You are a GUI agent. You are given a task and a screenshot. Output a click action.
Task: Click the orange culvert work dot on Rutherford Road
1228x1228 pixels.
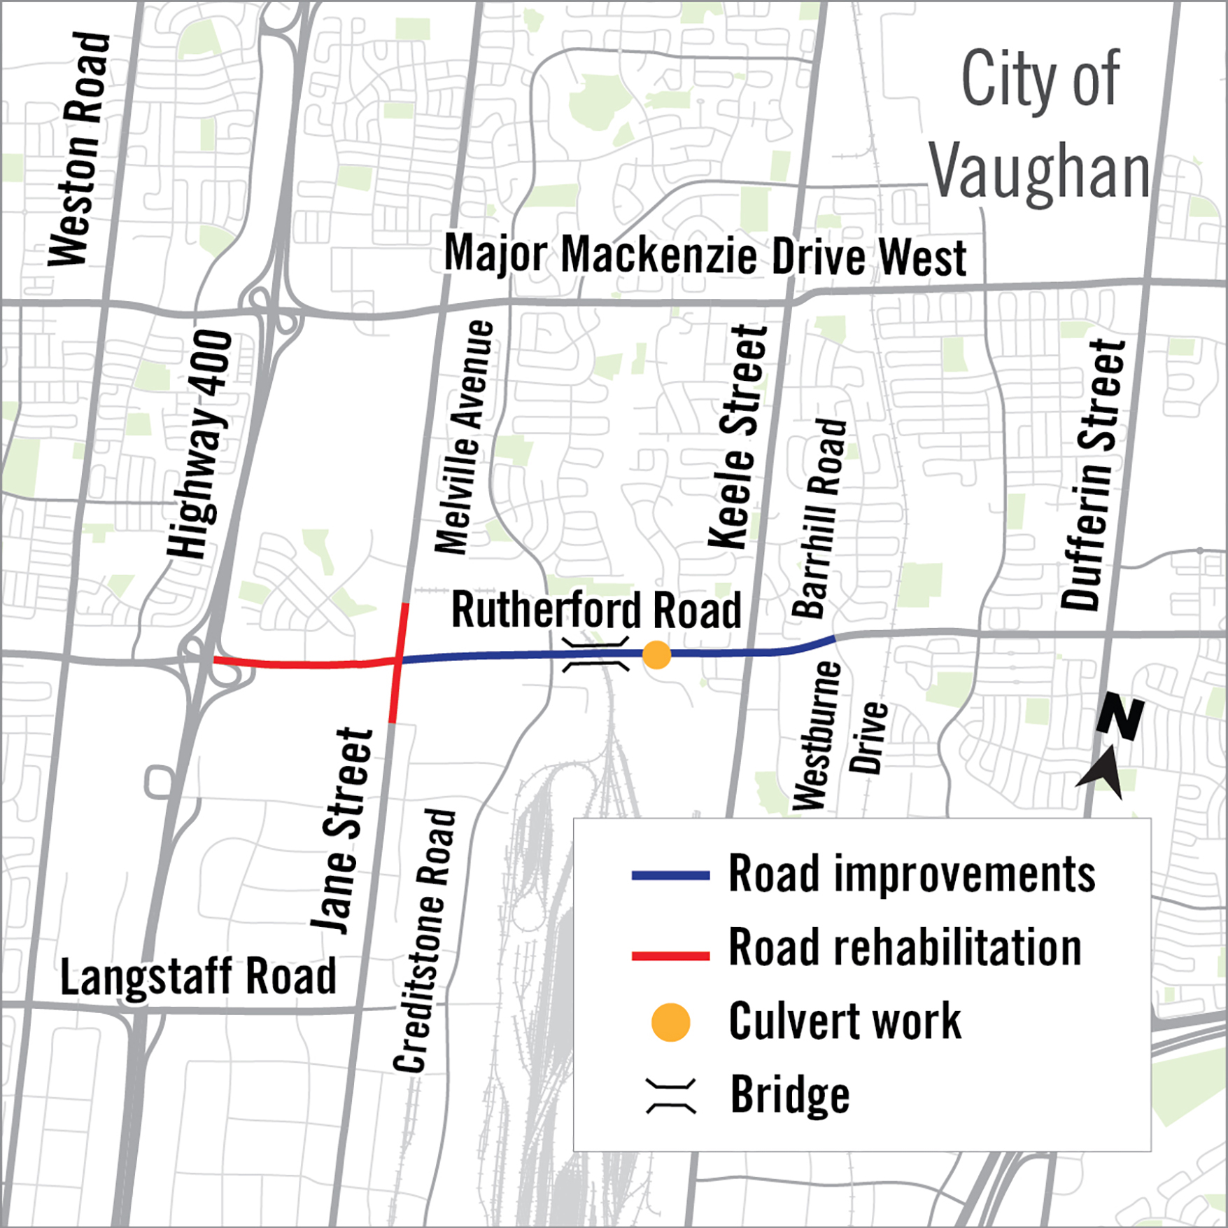tap(656, 655)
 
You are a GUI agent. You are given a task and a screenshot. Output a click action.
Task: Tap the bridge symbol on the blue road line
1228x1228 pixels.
tap(596, 654)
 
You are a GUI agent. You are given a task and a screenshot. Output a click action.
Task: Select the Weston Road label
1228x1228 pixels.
tap(78, 148)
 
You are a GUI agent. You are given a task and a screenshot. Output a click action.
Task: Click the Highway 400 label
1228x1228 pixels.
tap(199, 445)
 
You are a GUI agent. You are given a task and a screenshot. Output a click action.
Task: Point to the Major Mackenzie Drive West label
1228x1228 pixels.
tap(705, 256)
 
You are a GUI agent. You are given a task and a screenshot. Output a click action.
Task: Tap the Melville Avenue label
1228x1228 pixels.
tap(464, 438)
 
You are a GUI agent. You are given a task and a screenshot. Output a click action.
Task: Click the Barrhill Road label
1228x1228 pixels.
tap(819, 518)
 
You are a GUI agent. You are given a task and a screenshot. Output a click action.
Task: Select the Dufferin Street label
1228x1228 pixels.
tap(1092, 476)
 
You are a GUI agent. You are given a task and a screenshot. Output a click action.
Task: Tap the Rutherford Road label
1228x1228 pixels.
tap(596, 610)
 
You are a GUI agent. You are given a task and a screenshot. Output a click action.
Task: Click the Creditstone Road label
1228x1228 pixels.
tap(425, 942)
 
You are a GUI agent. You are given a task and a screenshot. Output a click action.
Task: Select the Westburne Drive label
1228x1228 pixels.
tap(840, 735)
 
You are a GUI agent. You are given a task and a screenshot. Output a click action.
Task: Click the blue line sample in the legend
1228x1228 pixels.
tap(670, 875)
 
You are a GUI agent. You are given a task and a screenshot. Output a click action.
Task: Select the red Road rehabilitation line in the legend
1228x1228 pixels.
tap(670, 956)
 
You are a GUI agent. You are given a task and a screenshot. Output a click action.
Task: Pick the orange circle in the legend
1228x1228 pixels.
tap(670, 1022)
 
